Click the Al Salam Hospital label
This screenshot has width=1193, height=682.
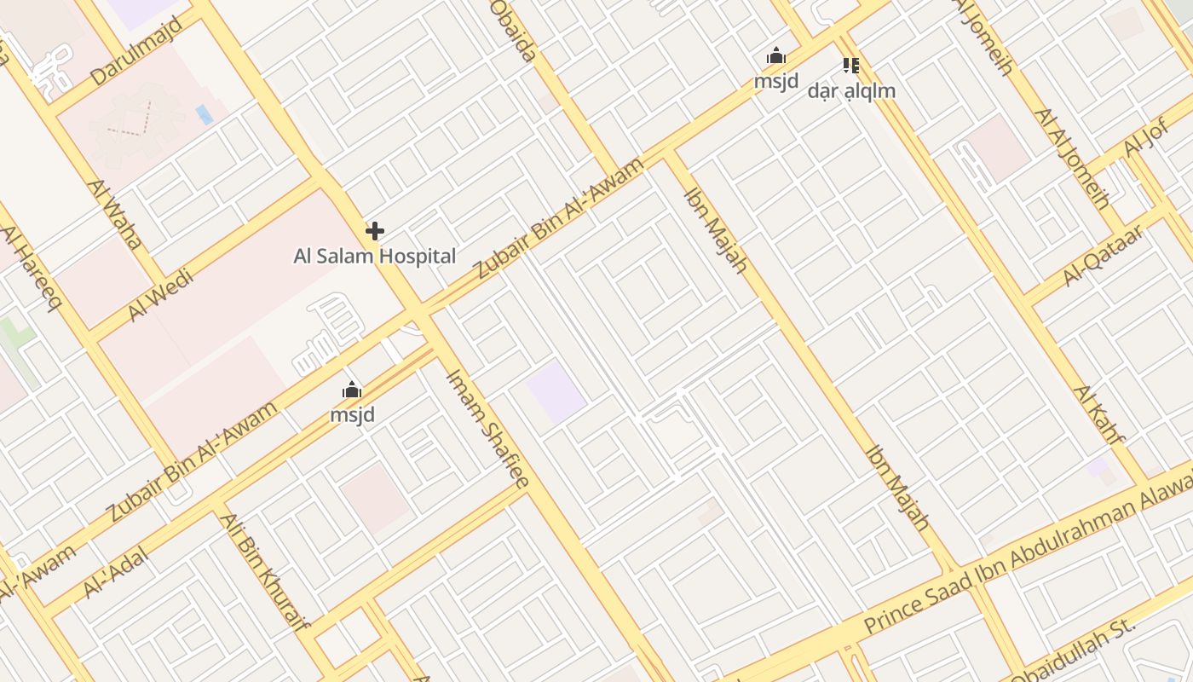[375, 256]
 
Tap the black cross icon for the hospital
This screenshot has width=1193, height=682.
[375, 231]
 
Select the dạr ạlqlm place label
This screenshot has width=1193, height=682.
[851, 90]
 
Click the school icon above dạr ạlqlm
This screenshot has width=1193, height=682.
[850, 65]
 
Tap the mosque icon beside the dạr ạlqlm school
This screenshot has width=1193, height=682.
[775, 57]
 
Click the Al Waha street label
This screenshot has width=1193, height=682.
[114, 214]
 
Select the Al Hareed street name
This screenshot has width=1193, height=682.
[31, 269]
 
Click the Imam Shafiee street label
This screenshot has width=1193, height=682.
[488, 428]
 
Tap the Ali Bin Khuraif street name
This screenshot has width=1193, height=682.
[263, 570]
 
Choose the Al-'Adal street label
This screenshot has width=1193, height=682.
[116, 573]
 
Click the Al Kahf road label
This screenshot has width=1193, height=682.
[1099, 415]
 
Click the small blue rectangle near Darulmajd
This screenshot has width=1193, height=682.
[205, 114]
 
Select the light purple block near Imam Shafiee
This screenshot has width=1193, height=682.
[556, 392]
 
